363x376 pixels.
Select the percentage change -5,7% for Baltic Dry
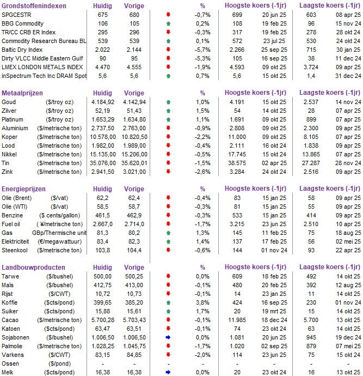click(x=201, y=49)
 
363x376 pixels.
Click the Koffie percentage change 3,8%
click(x=201, y=303)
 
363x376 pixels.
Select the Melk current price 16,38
click(x=100, y=372)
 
